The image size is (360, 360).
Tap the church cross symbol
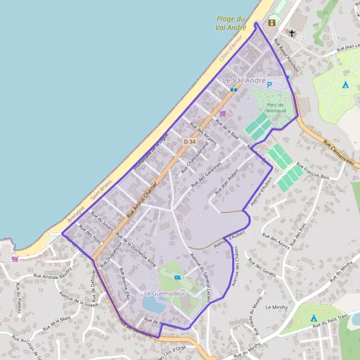click(292, 33)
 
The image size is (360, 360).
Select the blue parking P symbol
click(269, 85)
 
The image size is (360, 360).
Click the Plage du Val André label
click(232, 23)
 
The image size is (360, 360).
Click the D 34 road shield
click(190, 140)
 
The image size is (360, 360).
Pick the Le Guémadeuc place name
click(166, 293)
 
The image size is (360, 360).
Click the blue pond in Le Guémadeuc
click(154, 305)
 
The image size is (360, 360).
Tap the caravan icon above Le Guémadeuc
click(178, 277)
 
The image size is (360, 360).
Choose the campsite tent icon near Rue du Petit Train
click(314, 317)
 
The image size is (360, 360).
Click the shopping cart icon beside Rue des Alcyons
click(223, 113)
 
